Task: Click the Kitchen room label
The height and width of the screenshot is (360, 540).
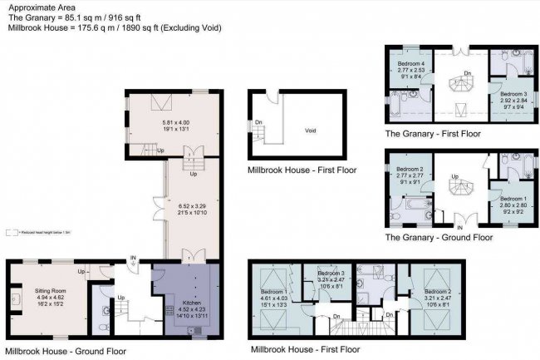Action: [192, 303]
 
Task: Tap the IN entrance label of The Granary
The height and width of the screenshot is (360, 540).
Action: [459, 225]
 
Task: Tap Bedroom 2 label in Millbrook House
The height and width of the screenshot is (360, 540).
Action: [437, 292]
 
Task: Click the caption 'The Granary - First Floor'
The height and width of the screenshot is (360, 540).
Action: [432, 133]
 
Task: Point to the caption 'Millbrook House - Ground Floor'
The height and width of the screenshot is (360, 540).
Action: [66, 351]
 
